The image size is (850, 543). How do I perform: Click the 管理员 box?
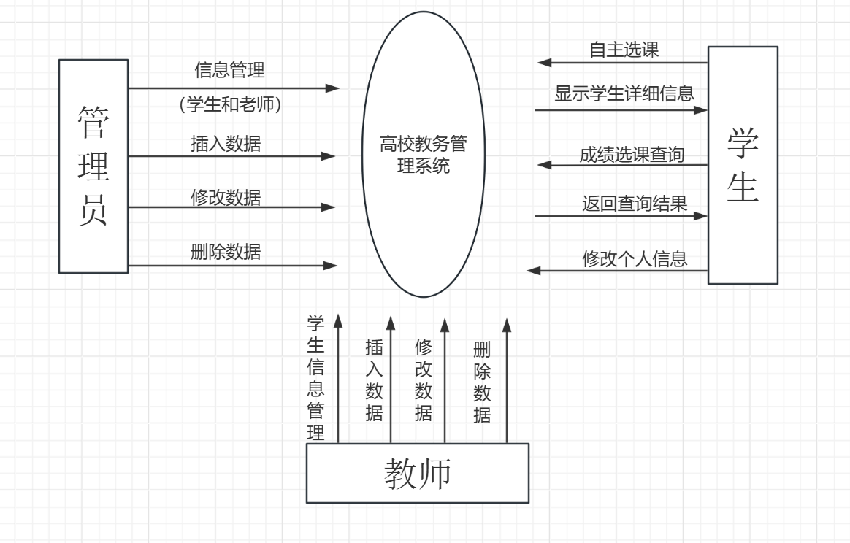click(93, 166)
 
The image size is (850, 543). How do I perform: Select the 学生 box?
click(743, 165)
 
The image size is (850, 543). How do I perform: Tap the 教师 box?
click(417, 474)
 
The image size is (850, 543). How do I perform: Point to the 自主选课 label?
click(624, 50)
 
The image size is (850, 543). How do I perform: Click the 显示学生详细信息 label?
click(624, 93)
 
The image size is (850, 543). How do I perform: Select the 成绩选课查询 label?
click(632, 155)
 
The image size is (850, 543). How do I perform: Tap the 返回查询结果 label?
click(635, 203)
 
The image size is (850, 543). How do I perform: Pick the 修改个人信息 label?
click(635, 258)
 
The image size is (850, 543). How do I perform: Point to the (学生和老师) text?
click(230, 105)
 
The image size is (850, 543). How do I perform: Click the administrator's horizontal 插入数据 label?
click(226, 144)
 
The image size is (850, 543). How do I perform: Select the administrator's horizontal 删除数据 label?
click(226, 253)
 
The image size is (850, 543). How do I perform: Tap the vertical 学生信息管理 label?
click(315, 377)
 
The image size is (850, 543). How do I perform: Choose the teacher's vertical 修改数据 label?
click(424, 380)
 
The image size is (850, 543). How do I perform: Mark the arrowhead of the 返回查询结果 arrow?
click(701, 216)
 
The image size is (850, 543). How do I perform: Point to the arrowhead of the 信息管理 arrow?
click(333, 88)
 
